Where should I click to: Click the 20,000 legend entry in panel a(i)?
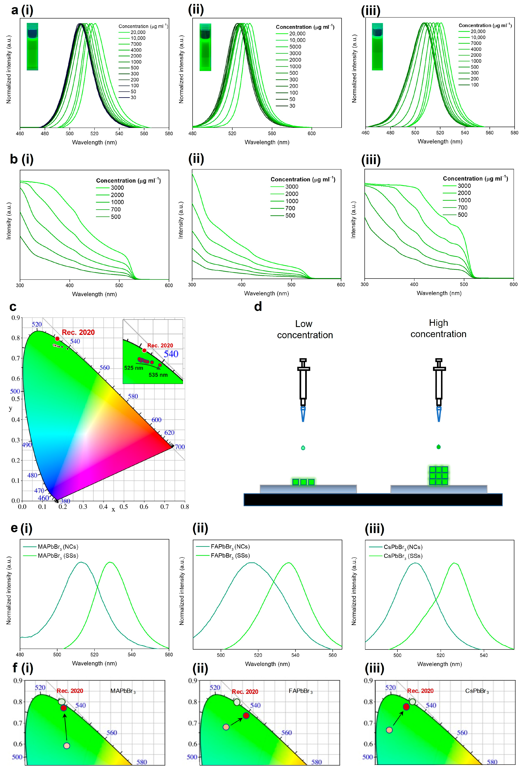pos(138,32)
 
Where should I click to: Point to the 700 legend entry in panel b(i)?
pos(115,210)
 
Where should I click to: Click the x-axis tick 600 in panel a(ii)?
pos(311,133)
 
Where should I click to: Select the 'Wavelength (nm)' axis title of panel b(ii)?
pos(266,293)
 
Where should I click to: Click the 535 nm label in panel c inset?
pos(158,375)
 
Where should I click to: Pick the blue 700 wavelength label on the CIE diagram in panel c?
pos(180,447)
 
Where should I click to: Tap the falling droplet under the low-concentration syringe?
pos(303,448)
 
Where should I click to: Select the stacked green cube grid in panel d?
pos(439,476)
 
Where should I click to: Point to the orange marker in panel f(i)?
pos(66,746)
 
